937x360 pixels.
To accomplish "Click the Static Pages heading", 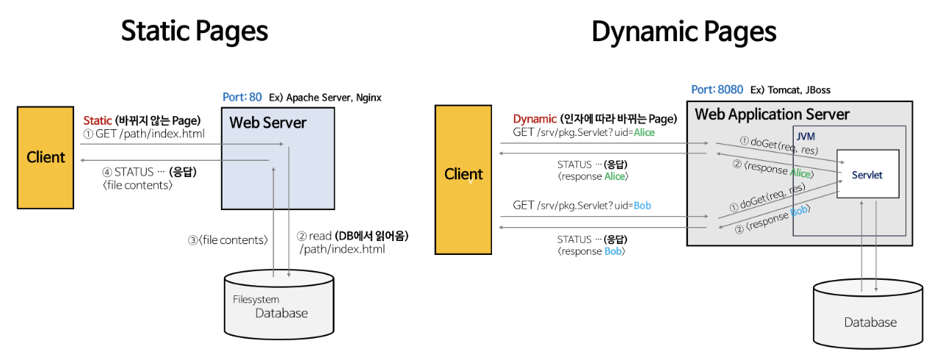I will pos(194,32).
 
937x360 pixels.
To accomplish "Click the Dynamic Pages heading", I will pos(684,32).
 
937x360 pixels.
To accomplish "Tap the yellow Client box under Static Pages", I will pos(46,157).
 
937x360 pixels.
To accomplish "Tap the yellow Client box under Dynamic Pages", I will pos(463,174).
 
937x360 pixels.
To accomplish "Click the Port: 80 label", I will pos(242,97).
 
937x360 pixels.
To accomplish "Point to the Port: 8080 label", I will pos(717,90).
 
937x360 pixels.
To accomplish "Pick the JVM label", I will pos(806,137).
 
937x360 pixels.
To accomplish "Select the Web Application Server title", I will pos(772,115).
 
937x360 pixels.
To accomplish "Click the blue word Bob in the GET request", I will pos(642,205).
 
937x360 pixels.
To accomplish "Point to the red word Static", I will pos(97,120).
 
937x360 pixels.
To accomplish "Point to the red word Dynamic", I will pos(535,119).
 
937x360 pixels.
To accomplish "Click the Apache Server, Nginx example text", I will pos(333,98).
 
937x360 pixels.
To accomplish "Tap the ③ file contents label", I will pos(228,240).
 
